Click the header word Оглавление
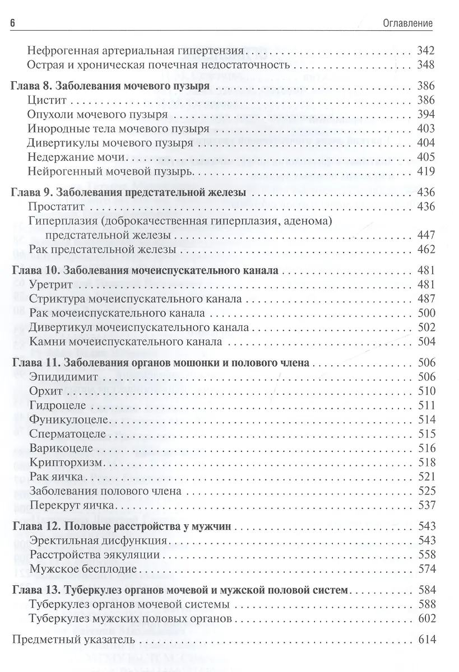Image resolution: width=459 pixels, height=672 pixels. (x=409, y=23)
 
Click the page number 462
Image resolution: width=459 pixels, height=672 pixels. (x=426, y=249)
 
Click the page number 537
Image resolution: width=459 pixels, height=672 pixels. (x=426, y=504)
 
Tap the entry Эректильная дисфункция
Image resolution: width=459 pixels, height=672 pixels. (x=99, y=541)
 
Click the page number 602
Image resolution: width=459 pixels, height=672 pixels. (x=426, y=619)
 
